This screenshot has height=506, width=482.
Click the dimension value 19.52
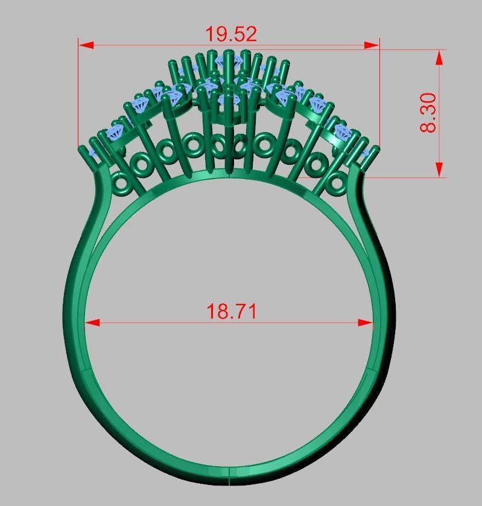coord(231,34)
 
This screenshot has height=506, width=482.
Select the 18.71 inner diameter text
coord(232,311)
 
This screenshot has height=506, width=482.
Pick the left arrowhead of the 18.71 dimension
coord(92,323)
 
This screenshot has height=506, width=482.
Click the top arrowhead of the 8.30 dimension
coord(439,57)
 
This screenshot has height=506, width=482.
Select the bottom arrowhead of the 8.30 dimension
coord(439,169)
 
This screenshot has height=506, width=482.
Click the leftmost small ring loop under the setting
coord(121,182)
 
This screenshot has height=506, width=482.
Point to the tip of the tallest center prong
coord(228,52)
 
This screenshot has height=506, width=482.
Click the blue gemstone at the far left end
coord(95,151)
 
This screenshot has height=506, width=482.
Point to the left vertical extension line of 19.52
coord(78,90)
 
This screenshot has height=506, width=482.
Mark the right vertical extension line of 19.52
coord(379,90)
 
